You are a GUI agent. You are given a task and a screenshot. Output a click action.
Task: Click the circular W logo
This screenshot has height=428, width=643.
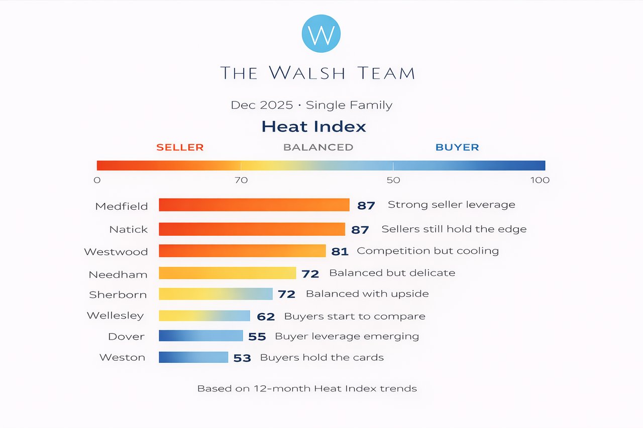(x=321, y=35)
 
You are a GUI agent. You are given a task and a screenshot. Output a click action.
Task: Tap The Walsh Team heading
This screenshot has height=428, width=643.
(x=318, y=73)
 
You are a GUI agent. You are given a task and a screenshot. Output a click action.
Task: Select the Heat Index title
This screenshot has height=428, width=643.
(x=313, y=126)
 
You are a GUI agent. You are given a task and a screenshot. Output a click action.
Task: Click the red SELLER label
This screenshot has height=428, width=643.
(x=180, y=148)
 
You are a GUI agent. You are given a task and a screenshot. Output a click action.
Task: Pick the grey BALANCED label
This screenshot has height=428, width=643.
(x=318, y=148)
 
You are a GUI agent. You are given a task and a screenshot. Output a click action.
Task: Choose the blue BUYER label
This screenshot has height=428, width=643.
(x=457, y=148)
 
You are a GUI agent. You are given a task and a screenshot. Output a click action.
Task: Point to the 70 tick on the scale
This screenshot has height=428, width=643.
(x=241, y=180)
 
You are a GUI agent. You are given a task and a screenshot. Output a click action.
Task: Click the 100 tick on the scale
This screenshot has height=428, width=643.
(x=540, y=180)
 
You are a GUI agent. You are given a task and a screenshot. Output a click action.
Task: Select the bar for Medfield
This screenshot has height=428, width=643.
(x=254, y=205)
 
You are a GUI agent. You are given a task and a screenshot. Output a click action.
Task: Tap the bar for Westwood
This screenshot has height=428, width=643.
(x=242, y=251)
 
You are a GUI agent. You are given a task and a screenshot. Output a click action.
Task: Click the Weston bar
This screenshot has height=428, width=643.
(x=193, y=357)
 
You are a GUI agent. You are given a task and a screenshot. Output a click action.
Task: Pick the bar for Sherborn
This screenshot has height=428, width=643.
(x=216, y=294)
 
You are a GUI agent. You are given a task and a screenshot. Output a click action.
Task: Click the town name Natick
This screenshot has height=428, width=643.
(x=129, y=230)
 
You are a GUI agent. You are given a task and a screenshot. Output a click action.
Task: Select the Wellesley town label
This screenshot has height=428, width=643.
(x=115, y=316)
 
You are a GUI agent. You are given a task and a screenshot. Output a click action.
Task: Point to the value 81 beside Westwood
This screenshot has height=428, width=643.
(x=340, y=251)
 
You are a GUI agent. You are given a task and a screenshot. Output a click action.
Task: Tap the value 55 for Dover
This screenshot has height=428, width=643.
(x=257, y=337)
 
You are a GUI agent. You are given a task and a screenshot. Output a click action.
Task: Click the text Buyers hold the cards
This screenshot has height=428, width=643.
(x=321, y=358)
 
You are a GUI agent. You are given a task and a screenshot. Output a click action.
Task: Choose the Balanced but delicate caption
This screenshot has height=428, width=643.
(x=392, y=273)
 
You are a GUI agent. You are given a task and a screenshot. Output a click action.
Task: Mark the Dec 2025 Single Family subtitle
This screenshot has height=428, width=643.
(x=311, y=105)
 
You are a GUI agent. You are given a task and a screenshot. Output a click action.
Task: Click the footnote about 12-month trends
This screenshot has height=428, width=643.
(x=307, y=388)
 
